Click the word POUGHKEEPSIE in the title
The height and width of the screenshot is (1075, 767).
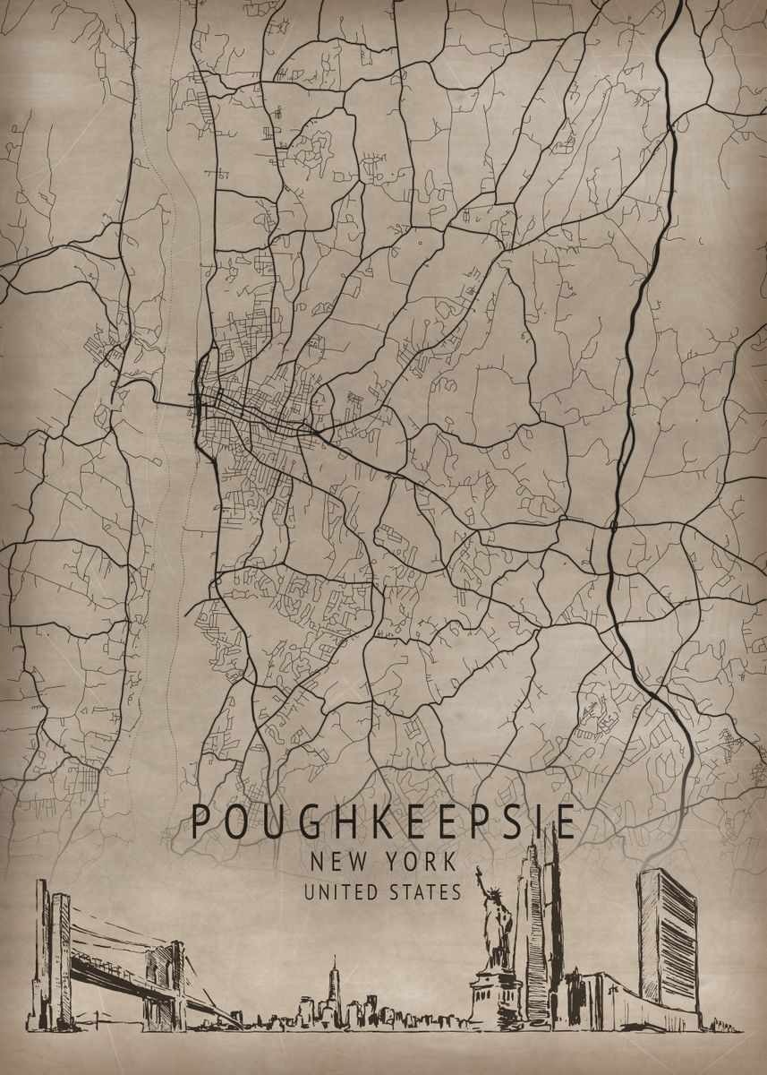384,821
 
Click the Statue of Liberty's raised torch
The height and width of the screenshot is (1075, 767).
478,872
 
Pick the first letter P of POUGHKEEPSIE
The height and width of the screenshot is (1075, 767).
202,821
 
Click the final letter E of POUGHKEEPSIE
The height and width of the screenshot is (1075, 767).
564,821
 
